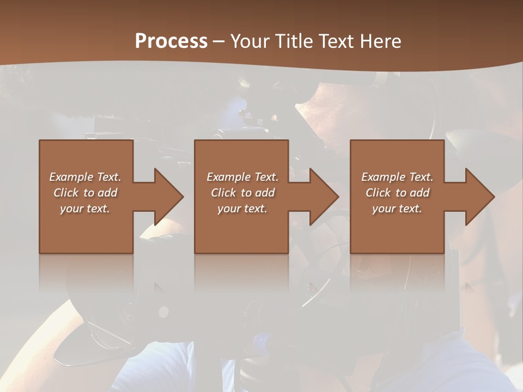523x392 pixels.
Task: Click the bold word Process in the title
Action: tap(171, 41)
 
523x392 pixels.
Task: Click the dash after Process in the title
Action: tap(219, 41)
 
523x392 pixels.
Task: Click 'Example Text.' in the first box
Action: tap(85, 177)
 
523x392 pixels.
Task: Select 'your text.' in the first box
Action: tap(85, 209)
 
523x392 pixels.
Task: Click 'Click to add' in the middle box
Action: tap(242, 193)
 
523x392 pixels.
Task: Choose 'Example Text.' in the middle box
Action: tap(242, 177)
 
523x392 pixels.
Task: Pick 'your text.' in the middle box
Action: tap(242, 209)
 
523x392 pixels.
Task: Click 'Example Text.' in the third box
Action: tap(397, 177)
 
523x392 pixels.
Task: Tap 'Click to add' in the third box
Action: tap(397, 193)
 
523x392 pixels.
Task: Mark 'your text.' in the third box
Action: tap(397, 209)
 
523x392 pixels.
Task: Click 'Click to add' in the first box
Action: tap(85, 193)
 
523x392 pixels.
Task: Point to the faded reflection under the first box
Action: tap(86, 272)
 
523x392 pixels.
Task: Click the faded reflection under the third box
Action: tap(397, 272)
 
